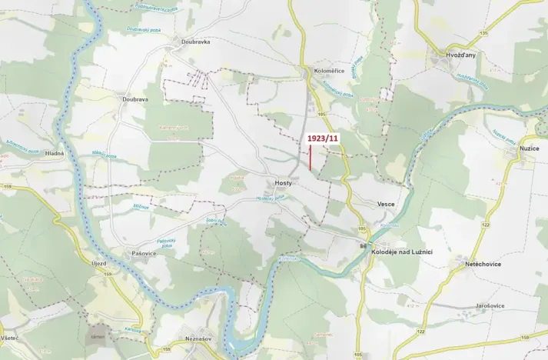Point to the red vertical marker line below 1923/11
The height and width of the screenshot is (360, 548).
click(310, 158)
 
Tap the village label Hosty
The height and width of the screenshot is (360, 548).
click(283, 183)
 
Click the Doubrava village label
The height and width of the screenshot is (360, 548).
click(135, 99)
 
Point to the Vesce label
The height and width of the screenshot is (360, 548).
click(386, 204)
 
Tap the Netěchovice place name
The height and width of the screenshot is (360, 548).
click(483, 263)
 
